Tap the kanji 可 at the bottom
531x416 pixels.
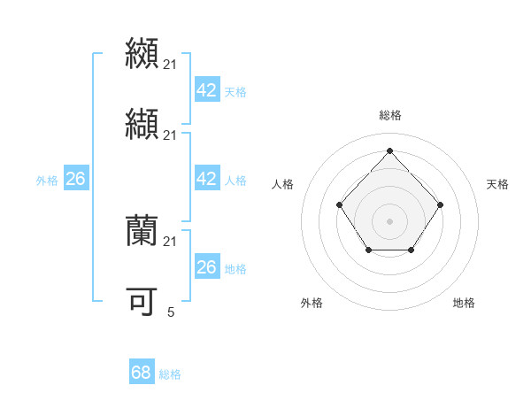tap(142, 302)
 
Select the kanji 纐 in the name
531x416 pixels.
tap(142, 53)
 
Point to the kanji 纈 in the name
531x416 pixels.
tap(142, 125)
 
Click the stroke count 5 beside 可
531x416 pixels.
tap(171, 312)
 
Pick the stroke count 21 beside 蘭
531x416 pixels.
tap(171, 242)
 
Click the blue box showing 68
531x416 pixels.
tap(142, 373)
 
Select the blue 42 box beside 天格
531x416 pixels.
tap(206, 90)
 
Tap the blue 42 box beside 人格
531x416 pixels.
tap(206, 179)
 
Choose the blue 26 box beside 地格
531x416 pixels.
tap(206, 267)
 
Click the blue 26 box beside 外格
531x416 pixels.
tap(75, 179)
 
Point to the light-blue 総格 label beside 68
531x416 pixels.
tap(170, 374)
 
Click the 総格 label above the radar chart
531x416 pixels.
tap(389, 115)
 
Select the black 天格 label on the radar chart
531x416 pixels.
tap(497, 184)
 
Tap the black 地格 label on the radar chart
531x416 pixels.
tap(464, 304)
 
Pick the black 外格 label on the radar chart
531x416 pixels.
tap(312, 304)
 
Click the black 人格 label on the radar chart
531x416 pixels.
tap(282, 184)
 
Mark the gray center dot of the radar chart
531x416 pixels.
tap(389, 220)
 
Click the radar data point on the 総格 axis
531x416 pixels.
tap(389, 150)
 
